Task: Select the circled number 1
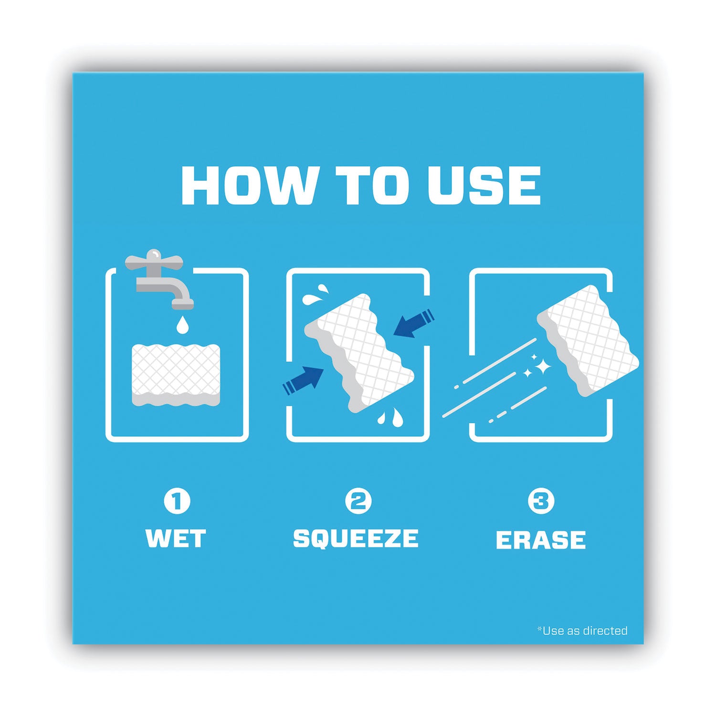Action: point(177,501)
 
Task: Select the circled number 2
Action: point(358,501)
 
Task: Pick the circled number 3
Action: point(541,501)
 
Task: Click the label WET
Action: point(176,538)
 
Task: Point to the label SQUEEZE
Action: point(356,538)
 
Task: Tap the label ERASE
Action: point(541,540)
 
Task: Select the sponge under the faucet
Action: point(176,375)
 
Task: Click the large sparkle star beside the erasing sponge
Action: point(542,367)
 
